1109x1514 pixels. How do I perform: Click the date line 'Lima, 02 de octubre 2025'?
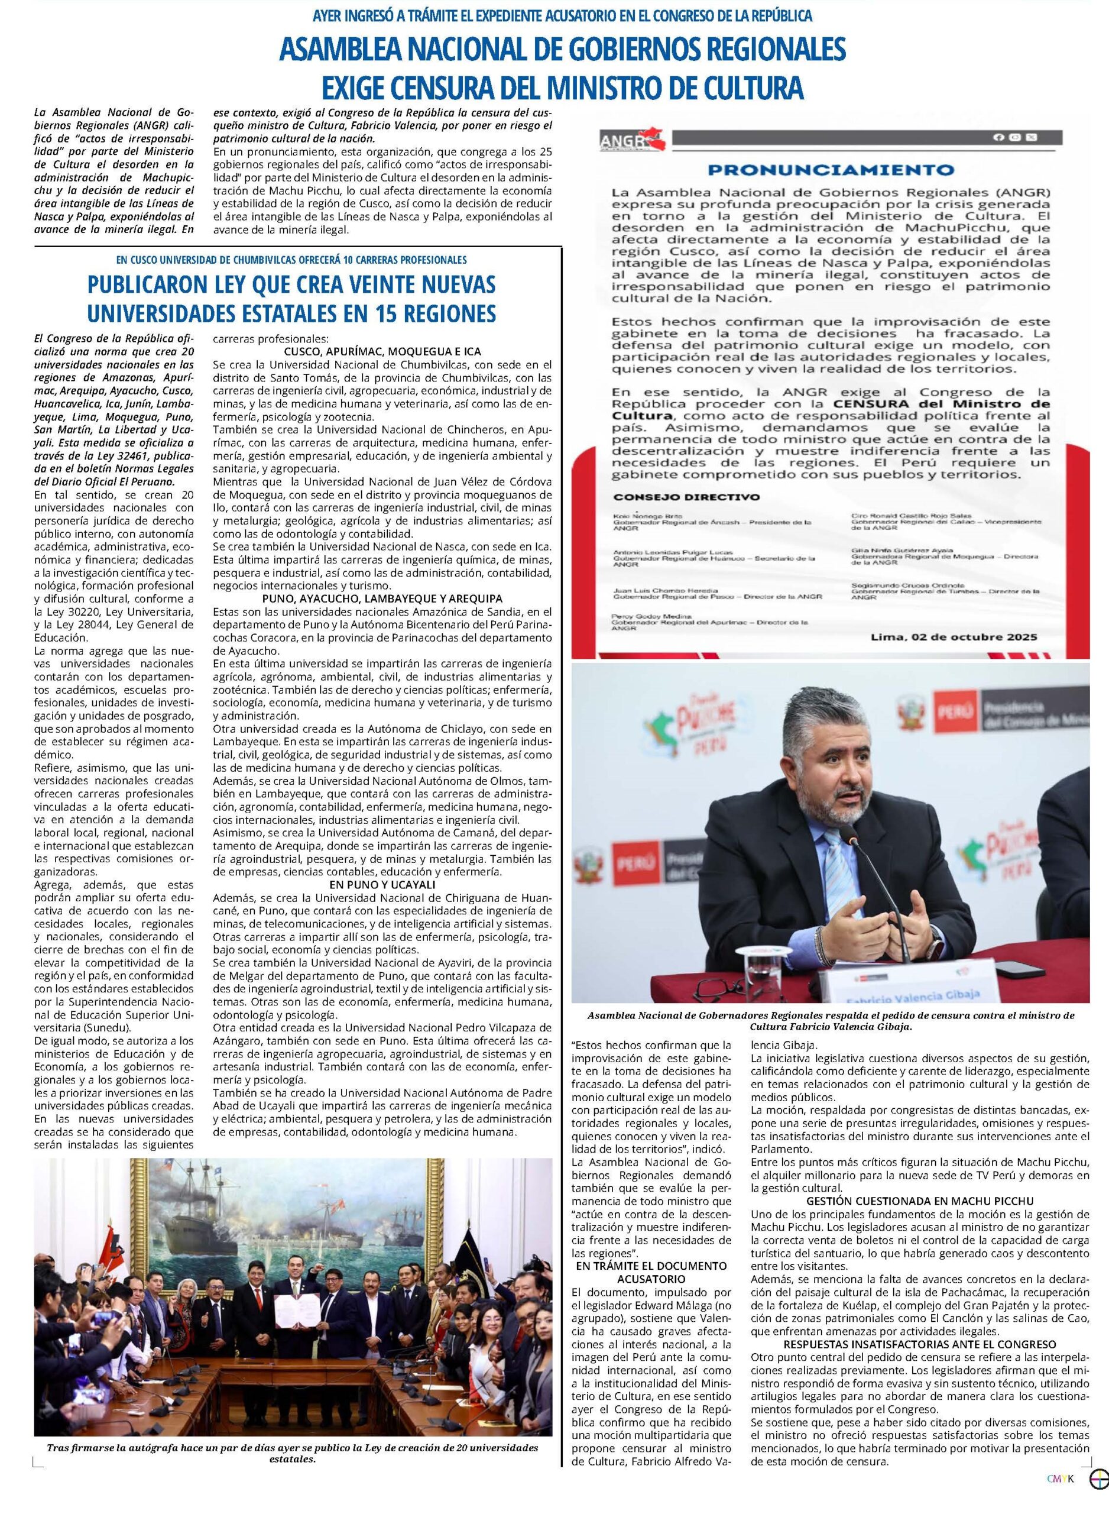point(954,636)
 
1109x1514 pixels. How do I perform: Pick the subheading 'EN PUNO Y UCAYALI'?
point(382,884)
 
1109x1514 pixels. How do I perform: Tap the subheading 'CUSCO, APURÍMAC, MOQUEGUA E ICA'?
point(382,352)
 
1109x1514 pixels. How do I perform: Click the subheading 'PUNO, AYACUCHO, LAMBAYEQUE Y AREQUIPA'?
point(382,599)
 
